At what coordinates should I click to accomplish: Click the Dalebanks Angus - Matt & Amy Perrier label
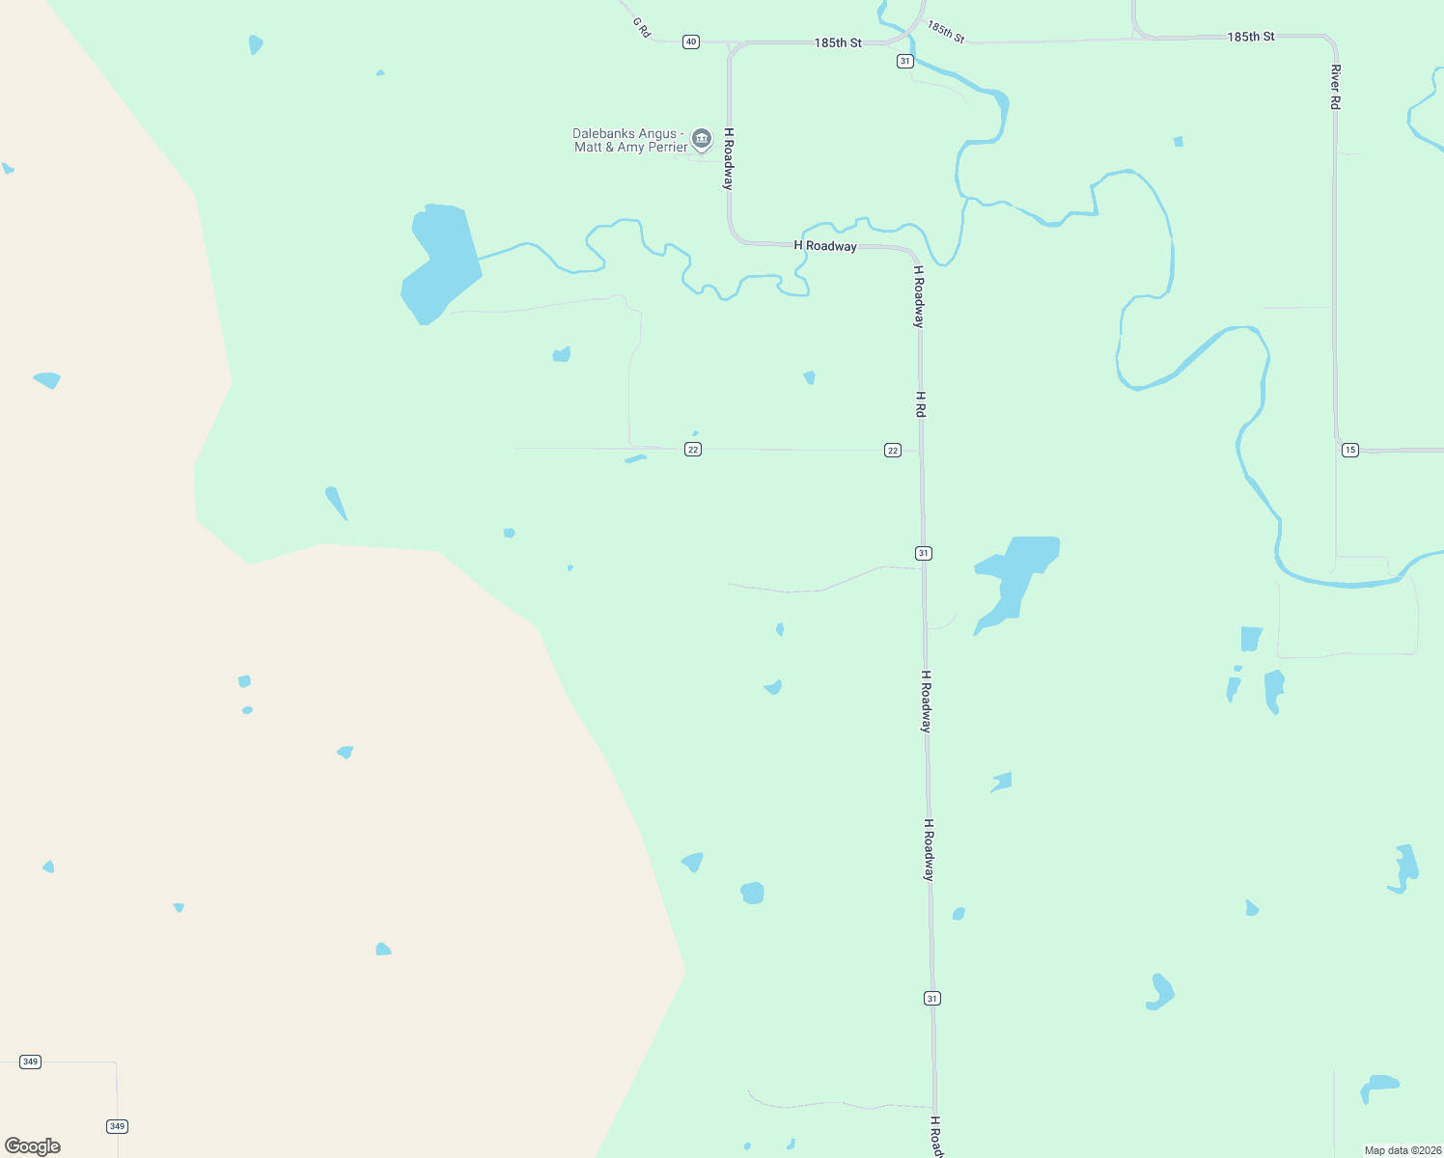(x=630, y=141)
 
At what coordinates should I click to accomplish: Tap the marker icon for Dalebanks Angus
(x=702, y=139)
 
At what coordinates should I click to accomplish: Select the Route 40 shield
(x=691, y=42)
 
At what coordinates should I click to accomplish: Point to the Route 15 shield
(x=1350, y=450)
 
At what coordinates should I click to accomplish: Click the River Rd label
(x=1336, y=87)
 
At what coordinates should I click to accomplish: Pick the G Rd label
(x=642, y=27)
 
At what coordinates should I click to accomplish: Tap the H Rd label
(x=921, y=404)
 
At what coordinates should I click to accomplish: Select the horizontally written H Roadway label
(x=825, y=246)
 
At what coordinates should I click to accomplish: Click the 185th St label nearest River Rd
(x=1251, y=37)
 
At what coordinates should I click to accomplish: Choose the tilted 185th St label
(x=946, y=31)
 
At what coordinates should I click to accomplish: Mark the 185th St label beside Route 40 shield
(x=838, y=43)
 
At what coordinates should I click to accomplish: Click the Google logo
(x=33, y=1146)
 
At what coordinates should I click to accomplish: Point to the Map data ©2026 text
(x=1402, y=1150)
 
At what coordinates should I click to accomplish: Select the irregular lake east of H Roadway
(x=1016, y=578)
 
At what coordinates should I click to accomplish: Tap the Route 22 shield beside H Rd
(x=893, y=451)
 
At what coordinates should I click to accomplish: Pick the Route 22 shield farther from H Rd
(x=693, y=450)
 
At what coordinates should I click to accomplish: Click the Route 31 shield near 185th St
(x=904, y=61)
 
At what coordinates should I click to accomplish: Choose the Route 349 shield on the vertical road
(x=117, y=1126)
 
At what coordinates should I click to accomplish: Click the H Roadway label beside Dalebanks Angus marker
(x=729, y=158)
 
